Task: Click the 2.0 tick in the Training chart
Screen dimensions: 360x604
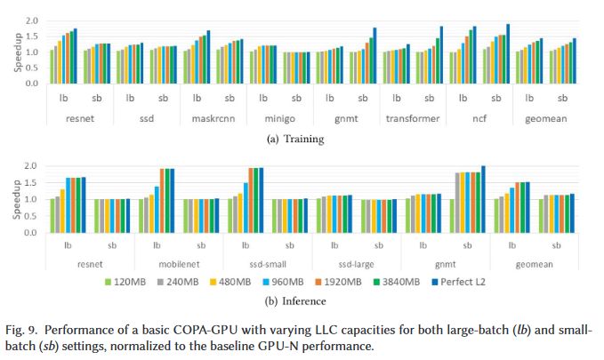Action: point(32,20)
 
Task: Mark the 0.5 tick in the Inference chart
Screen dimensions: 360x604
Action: point(32,216)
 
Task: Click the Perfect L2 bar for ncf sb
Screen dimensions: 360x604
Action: point(508,54)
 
